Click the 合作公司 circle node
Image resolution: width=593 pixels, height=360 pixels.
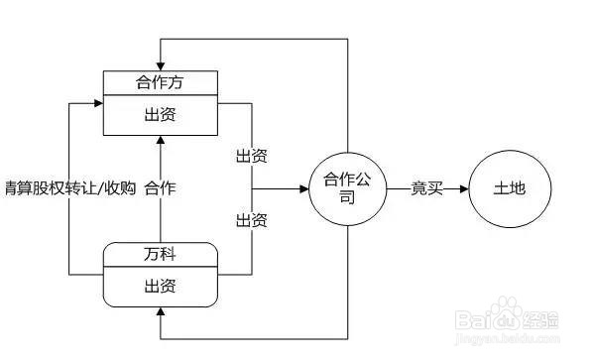coord(346,188)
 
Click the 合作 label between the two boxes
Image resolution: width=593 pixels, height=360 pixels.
coord(162,186)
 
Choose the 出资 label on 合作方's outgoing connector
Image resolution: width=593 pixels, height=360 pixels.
coord(251,156)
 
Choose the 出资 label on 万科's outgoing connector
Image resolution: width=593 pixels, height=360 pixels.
coord(251,218)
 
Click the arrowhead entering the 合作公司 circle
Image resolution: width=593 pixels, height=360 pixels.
coord(303,188)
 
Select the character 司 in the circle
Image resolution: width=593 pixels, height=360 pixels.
coord(346,197)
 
